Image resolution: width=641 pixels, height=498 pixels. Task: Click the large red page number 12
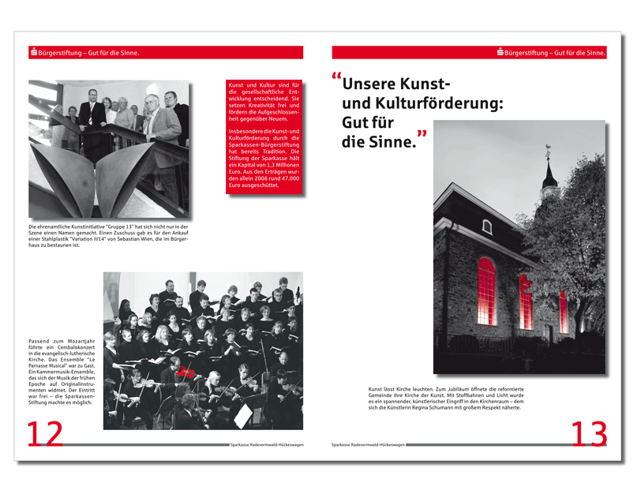pos(44,434)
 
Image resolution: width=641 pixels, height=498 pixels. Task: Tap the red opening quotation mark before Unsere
pos(336,79)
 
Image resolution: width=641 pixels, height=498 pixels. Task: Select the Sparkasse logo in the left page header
pos(33,52)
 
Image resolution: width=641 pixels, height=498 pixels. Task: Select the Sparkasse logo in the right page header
pos(500,52)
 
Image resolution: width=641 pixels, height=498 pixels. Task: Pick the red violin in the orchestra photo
pos(186,370)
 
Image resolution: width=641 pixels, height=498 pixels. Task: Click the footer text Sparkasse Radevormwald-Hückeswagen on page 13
pos(368,445)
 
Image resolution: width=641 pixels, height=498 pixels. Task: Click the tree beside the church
pos(580,260)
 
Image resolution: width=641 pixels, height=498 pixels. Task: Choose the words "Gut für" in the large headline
pos(368,123)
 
